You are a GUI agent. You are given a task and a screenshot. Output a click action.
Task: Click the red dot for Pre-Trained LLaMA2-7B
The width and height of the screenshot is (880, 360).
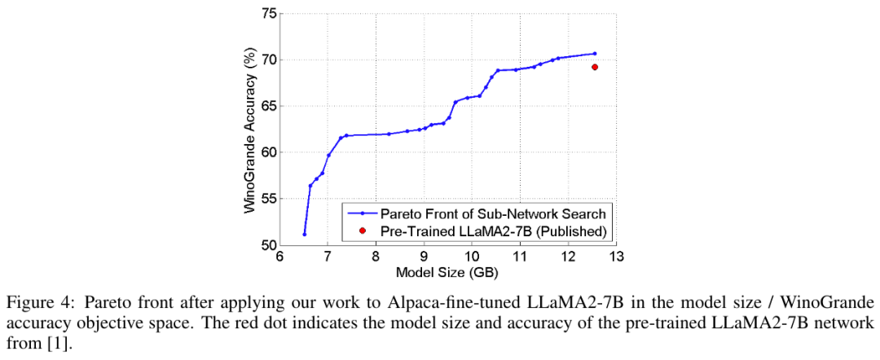[595, 67]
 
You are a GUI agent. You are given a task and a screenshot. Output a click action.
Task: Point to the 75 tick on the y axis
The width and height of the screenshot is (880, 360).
[266, 14]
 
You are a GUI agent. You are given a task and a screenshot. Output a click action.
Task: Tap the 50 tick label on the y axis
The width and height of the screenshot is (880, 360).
[266, 245]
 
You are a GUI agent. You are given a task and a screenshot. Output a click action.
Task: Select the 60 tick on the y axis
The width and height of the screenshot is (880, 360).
[266, 152]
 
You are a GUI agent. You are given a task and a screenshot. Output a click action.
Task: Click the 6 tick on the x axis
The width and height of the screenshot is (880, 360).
[279, 257]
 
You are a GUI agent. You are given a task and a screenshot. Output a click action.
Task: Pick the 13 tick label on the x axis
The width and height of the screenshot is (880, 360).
[615, 257]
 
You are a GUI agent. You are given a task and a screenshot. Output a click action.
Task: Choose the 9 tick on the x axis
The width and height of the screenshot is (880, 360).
[424, 257]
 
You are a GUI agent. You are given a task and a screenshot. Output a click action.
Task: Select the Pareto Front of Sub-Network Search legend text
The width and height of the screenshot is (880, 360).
[494, 213]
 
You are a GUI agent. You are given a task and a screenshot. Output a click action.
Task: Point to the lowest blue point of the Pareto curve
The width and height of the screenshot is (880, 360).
[304, 235]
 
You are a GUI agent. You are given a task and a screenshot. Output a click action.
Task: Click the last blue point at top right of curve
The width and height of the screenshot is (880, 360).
[595, 54]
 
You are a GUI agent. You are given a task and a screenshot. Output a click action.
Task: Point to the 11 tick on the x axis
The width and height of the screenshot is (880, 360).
[519, 257]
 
